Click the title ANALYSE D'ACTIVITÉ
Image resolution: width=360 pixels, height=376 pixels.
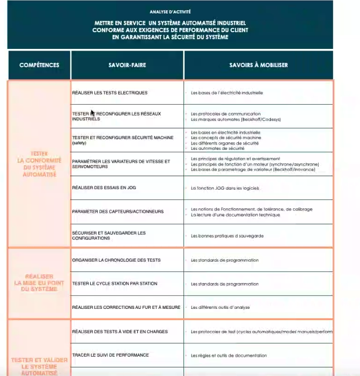point(170,11)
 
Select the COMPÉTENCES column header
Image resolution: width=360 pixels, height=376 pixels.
point(39,65)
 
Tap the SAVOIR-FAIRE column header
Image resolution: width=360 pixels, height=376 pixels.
point(127,65)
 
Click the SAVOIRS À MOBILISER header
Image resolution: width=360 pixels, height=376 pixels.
point(259,65)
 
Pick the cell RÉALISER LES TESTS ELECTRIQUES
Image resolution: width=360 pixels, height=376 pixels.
point(109,93)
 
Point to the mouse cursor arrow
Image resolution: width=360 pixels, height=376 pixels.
point(92,113)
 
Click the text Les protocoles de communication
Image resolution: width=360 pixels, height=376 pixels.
point(226,114)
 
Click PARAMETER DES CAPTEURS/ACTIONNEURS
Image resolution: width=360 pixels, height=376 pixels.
point(117,211)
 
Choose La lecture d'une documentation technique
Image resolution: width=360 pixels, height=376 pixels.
point(235,215)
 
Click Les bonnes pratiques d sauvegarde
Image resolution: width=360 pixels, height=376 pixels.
point(227,236)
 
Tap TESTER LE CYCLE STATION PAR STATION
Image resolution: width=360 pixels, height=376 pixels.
point(115,284)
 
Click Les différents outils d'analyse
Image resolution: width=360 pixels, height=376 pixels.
point(220,307)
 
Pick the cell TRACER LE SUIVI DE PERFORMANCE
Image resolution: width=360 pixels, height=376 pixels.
point(111,355)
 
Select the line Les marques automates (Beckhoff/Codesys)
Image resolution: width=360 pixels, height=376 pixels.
point(236,119)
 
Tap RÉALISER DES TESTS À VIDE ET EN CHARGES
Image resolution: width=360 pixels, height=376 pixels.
point(120,331)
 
